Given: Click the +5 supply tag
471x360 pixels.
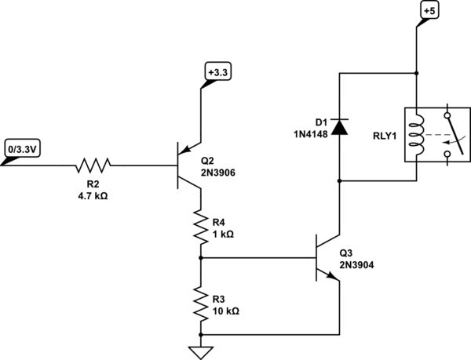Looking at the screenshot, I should click(430, 12).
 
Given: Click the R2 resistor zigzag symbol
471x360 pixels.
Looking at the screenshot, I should click(93, 165).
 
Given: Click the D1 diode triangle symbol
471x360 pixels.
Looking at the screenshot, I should click(338, 125).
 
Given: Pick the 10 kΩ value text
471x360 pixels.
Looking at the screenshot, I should click(225, 310).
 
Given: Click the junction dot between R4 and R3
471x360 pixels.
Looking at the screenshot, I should click(202, 257).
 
